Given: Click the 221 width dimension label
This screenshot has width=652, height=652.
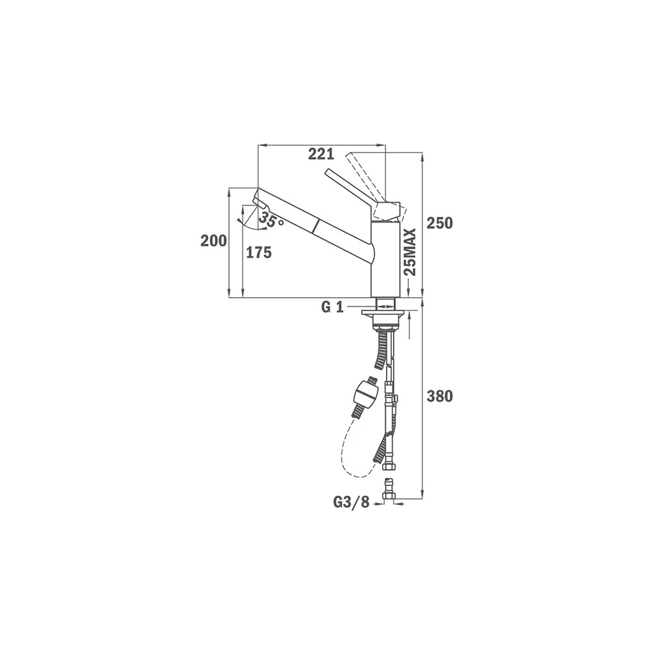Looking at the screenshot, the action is click(321, 155).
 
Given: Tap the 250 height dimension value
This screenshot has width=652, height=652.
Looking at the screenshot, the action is click(439, 223).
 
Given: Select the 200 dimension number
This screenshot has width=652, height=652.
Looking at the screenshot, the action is click(214, 241).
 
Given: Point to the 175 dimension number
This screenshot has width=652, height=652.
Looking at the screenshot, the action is click(259, 252).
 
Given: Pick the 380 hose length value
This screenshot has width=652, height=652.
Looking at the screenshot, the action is click(439, 396).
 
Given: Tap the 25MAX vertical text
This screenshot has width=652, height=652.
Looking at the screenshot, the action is click(410, 252).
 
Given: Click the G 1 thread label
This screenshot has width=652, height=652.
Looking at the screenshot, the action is click(333, 307).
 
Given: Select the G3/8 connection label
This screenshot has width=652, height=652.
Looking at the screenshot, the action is click(351, 503).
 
